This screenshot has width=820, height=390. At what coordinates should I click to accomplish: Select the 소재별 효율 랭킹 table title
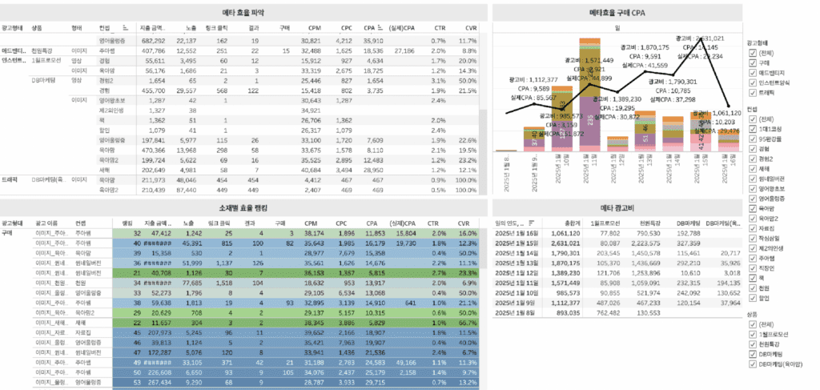(x=244, y=207)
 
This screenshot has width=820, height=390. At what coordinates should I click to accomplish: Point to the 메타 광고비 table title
(x=617, y=207)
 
